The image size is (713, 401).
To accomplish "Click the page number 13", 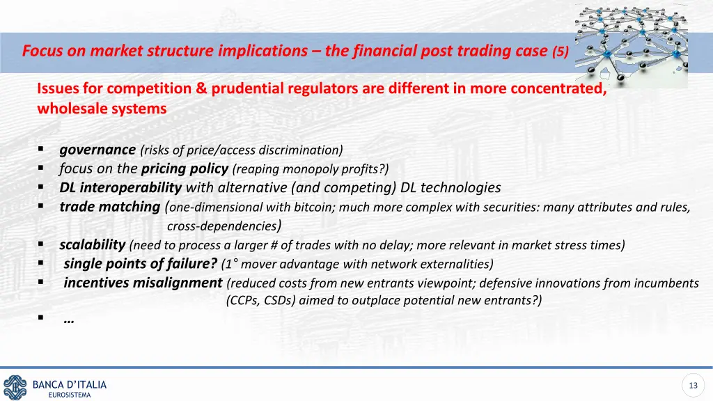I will click(692, 386).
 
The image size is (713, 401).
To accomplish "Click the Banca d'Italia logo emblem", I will click(15, 386).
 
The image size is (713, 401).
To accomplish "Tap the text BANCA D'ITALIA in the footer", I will click(70, 384).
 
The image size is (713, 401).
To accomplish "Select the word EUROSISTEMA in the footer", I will click(70, 395).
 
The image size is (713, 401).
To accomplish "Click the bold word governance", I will click(97, 149).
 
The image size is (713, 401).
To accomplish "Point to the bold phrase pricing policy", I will click(185, 168).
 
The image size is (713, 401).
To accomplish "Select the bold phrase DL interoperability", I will click(120, 187).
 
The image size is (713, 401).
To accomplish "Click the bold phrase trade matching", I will click(110, 207).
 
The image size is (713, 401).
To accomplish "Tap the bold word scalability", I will click(93, 245).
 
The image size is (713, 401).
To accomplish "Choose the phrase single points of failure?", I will click(141, 264).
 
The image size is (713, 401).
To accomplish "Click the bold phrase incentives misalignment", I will click(143, 283).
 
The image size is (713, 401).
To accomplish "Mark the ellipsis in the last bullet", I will click(69, 320).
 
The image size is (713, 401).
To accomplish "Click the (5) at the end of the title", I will click(561, 52).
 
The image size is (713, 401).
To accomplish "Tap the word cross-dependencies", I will click(222, 226).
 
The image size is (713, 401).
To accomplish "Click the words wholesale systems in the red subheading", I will click(102, 109).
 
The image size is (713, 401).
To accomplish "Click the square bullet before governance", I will click(42, 150).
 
